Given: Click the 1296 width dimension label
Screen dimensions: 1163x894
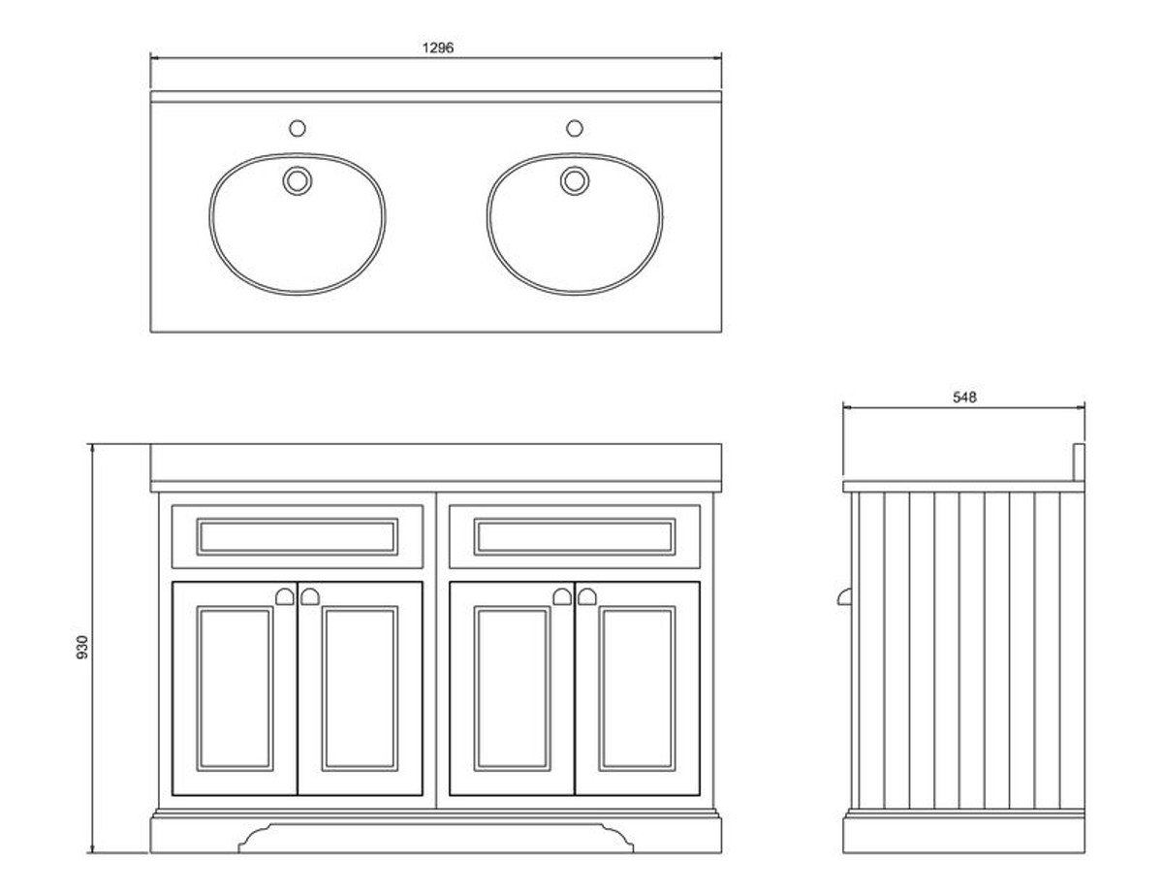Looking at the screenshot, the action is pos(437,48).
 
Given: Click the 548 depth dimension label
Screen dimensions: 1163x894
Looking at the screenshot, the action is pos(964,398).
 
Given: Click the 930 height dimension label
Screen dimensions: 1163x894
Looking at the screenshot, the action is pos(81,647).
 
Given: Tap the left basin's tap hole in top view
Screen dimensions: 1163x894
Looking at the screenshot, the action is pos(297,129).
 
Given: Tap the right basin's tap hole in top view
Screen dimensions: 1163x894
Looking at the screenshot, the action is pos(575,129).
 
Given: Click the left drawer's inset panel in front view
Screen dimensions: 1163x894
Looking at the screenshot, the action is pos(297,536).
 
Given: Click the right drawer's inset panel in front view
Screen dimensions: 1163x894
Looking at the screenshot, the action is pos(575,536).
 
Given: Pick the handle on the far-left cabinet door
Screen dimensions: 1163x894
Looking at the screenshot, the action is pos(285,597).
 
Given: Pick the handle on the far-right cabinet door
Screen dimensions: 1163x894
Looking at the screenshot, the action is pos(587,597).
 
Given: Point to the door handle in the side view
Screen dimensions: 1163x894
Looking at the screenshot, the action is pos(844,597).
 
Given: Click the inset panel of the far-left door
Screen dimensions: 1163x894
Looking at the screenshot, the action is pos(235,688).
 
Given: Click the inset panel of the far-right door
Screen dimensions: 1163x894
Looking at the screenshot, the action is pos(638,688).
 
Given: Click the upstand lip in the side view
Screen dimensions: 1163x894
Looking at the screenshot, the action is pos(1079,463).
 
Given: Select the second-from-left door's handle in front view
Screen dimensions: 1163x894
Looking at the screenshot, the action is pos(310,597).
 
